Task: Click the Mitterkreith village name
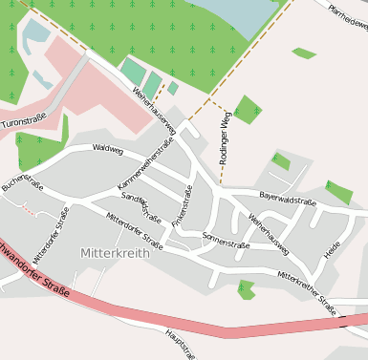coord(110,253)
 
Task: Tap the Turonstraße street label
coord(23,123)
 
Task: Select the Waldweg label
coord(108,149)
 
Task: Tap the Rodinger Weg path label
coord(226,138)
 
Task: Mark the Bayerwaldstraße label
coord(288,201)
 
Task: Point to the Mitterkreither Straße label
coord(307,292)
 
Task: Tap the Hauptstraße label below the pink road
coord(182,345)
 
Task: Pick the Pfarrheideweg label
coord(348,17)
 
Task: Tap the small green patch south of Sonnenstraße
coord(247,289)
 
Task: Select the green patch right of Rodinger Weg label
coord(248,109)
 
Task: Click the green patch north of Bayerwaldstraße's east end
coord(338,192)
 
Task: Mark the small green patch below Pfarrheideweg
coord(304,53)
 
